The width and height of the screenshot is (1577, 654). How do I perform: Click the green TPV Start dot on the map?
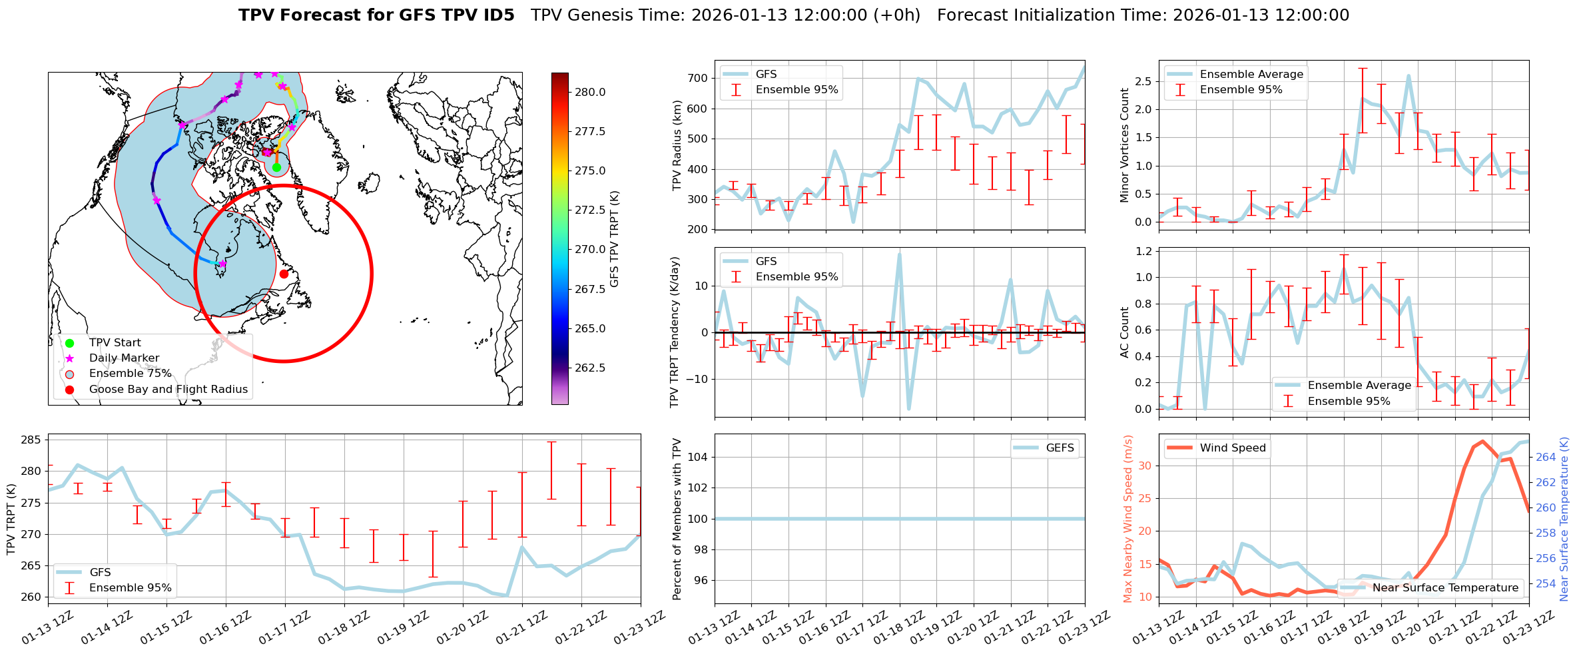[276, 167]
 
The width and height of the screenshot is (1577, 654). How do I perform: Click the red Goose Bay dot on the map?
[284, 274]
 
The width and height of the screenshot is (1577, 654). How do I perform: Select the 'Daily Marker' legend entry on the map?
[124, 358]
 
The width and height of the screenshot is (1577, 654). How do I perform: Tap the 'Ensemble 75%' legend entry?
[130, 374]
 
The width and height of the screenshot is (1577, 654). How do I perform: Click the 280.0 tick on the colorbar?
[590, 92]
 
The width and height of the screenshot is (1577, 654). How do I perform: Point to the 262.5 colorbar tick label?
[590, 368]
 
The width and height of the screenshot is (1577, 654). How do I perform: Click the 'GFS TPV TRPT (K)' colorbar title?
[615, 239]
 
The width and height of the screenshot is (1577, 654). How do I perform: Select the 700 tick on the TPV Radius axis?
[697, 78]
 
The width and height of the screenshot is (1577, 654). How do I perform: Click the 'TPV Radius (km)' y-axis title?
[677, 145]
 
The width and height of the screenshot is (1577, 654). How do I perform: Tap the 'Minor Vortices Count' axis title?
[1125, 145]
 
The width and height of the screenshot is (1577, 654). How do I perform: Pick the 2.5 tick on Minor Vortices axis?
[1143, 81]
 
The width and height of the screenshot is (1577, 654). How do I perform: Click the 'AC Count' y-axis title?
[1125, 332]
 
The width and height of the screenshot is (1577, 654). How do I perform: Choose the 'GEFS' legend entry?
[1060, 448]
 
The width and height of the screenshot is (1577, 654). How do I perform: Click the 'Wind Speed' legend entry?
[1232, 448]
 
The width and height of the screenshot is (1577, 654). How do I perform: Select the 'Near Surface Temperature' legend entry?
[1445, 587]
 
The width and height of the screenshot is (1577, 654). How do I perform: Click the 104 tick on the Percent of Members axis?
[697, 457]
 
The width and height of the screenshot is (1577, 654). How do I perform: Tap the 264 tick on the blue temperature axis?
[1546, 457]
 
